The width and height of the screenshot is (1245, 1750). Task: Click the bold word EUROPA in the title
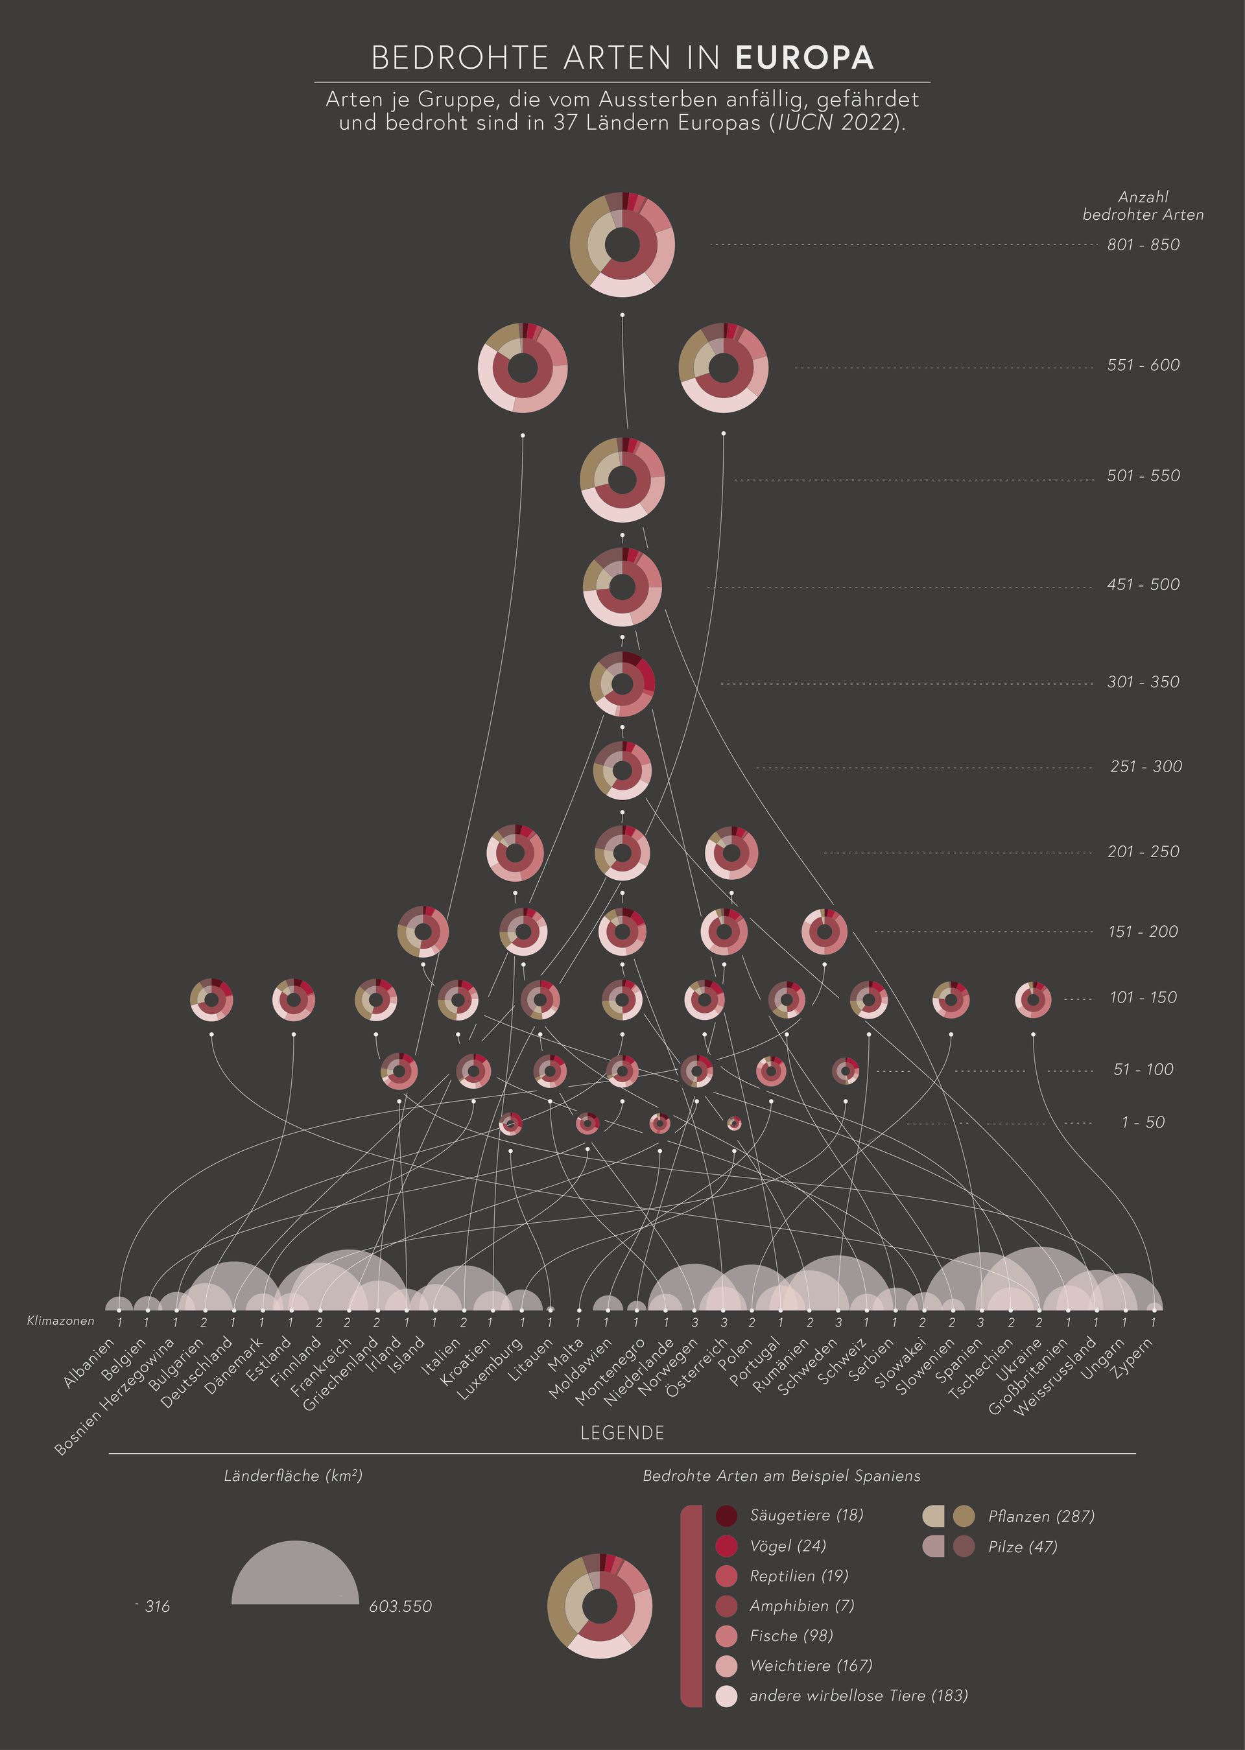pos(804,58)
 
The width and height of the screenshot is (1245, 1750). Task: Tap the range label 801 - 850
pos(1143,245)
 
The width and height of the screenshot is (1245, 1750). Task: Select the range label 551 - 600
pos(1143,366)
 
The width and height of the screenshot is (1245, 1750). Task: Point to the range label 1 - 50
pos(1143,1122)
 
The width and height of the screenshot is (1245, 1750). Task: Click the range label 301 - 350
pos(1143,682)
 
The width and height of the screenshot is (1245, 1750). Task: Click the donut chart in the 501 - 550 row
pos(622,480)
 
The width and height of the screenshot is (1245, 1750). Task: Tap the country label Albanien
pos(89,1363)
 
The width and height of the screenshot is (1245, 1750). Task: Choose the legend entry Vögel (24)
pos(787,1545)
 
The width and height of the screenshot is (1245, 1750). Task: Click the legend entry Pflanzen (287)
pos(1041,1516)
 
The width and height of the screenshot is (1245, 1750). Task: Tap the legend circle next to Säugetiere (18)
pos(726,1515)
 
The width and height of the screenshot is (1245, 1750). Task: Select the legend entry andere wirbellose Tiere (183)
pos(858,1696)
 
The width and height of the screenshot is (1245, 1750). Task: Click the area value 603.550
pos(400,1607)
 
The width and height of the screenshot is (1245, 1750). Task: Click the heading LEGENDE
pos(622,1434)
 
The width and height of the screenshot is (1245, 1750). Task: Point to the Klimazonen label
pos(60,1321)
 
